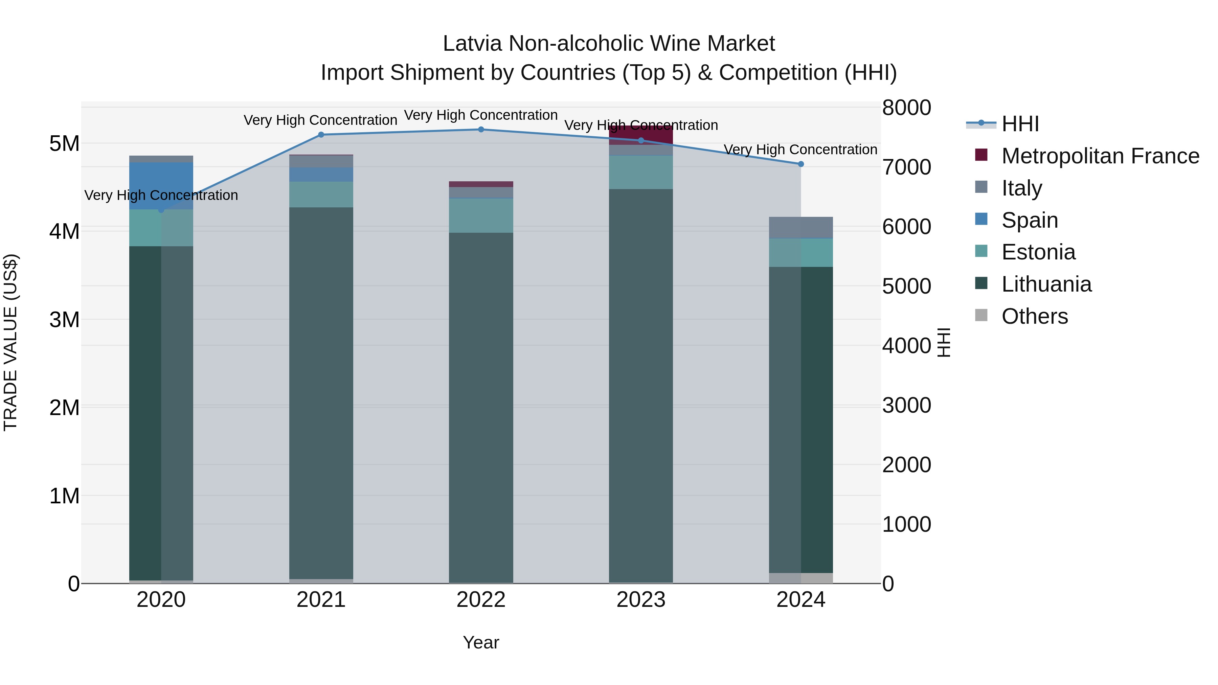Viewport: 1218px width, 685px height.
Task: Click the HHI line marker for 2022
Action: coord(481,130)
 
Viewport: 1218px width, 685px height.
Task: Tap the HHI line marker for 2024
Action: coord(800,164)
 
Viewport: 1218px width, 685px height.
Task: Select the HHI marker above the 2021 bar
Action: coord(321,135)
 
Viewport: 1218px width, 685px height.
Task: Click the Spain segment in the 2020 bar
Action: coord(161,185)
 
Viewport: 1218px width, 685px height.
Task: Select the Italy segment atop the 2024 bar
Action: coord(800,227)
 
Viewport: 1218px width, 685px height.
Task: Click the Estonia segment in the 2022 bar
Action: coord(481,215)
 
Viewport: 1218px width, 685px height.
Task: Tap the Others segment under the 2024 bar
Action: coord(800,578)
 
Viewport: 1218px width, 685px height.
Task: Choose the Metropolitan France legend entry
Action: coord(1100,156)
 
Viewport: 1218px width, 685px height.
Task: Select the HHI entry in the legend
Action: coord(1020,124)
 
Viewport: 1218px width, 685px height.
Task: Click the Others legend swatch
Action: coord(981,315)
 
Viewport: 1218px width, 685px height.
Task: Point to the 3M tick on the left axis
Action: coord(64,320)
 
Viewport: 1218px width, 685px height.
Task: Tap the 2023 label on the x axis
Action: coord(641,600)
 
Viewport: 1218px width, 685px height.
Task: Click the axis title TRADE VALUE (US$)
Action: coord(10,342)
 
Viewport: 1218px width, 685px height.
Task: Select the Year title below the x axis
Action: coord(481,642)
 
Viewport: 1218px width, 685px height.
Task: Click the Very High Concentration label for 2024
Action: coord(800,150)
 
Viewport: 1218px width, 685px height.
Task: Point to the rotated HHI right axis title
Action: coord(944,342)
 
